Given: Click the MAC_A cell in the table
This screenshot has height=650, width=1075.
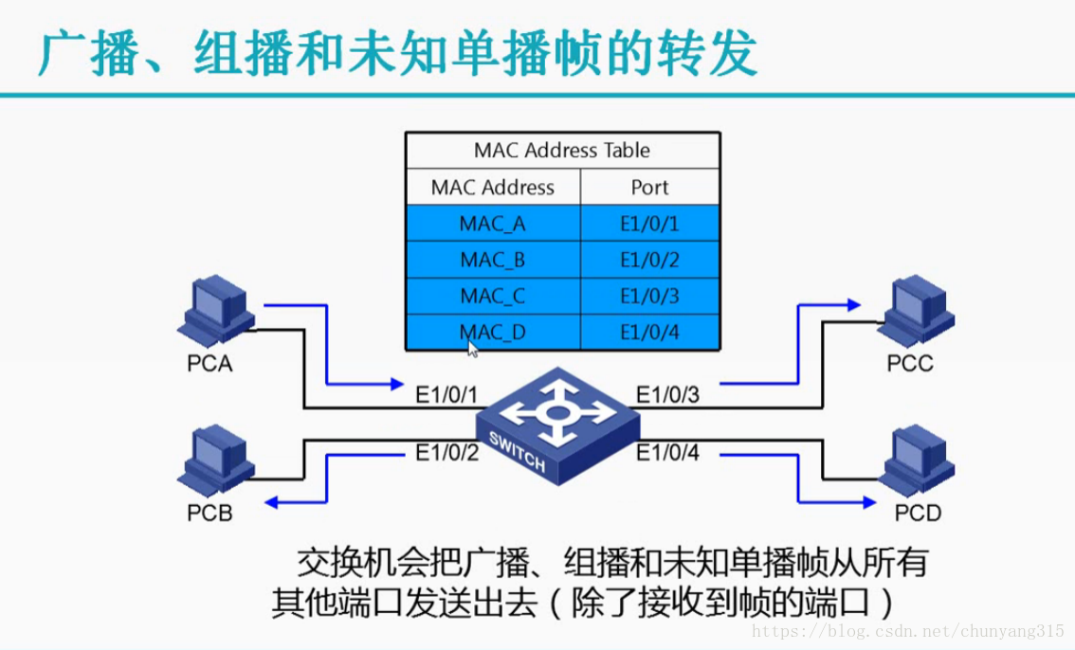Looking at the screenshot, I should (492, 224).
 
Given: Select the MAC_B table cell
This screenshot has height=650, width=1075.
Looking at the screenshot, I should (492, 260).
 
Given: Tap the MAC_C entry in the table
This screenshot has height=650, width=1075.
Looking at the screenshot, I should (492, 296).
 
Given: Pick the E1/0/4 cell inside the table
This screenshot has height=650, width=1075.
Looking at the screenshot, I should (649, 332).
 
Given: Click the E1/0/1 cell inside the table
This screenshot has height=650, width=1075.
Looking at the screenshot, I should (649, 224).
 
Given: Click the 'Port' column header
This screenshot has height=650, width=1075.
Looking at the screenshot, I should (649, 187).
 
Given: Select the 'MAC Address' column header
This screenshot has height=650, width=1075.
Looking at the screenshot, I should (492, 187).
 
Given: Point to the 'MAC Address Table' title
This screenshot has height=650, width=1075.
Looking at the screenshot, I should (561, 150).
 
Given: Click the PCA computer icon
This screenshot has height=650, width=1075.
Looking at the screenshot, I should (215, 314).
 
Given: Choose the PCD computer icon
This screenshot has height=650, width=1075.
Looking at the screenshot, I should (915, 463).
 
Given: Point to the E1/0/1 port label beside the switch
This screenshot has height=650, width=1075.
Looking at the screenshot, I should (447, 392).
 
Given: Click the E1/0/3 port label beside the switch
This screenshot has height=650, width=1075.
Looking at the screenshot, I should (667, 392).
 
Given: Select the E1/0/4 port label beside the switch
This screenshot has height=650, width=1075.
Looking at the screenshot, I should (667, 453).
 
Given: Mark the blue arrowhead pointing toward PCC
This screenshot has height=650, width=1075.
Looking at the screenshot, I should (854, 305).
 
